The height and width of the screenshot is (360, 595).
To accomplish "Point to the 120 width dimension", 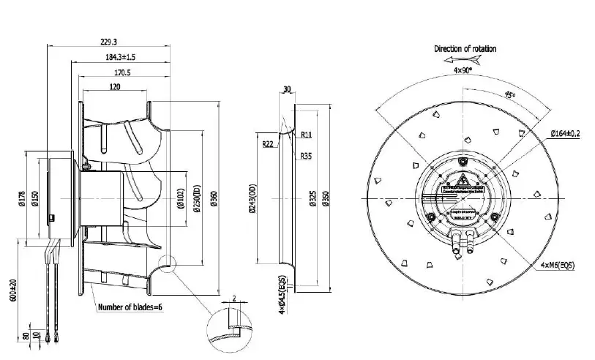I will tap(114, 86).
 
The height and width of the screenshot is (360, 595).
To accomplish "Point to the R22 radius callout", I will tap(268, 145).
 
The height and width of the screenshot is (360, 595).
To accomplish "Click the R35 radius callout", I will tap(305, 156).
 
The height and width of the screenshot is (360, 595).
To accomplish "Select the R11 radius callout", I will tap(307, 135).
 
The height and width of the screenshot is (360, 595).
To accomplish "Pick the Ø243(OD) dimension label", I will tap(253, 198).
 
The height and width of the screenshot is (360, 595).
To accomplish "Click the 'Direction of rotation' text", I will tap(465, 49).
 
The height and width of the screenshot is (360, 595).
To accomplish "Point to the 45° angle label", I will tap(508, 95).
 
